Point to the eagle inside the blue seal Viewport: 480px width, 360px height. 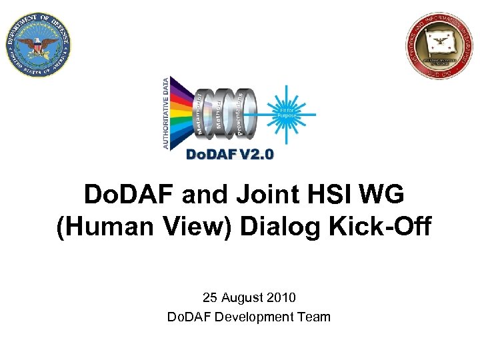38,45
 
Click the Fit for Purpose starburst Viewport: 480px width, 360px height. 287,113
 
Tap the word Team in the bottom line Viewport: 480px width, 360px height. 315,317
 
